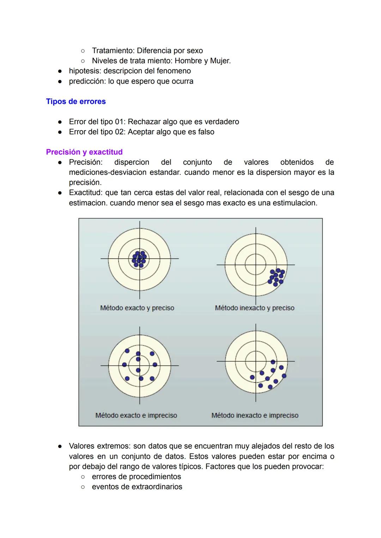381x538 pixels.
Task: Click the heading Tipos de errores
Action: pos(76,102)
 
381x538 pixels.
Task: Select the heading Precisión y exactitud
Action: pos(84,152)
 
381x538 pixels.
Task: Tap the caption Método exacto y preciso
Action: pos(137,308)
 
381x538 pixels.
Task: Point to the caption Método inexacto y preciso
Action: pos(254,308)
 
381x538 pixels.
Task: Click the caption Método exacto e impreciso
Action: pos(136,416)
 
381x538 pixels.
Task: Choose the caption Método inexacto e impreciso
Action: pos(255,416)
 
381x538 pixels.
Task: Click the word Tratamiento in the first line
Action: pos(113,51)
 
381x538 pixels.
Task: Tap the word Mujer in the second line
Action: pos(219,61)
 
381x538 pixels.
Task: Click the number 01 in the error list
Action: pos(119,122)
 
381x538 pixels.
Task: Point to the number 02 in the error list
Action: pos(119,132)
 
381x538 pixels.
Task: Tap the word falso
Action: pos(205,132)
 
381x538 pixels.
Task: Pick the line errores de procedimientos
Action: pos(136,477)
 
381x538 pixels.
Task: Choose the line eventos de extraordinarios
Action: pos(137,487)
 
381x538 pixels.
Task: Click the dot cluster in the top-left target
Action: pos(139,259)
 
